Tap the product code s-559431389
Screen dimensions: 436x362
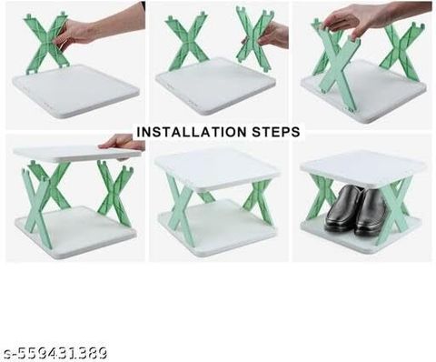pos(54,353)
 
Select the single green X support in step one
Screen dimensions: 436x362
pos(47,43)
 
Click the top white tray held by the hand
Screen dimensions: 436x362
pos(77,154)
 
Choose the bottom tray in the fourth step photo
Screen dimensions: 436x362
pos(75,232)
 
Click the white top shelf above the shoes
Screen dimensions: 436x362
pos(362,168)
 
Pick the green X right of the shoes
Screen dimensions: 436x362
pos(393,209)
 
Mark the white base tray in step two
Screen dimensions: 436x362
pos(215,86)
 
